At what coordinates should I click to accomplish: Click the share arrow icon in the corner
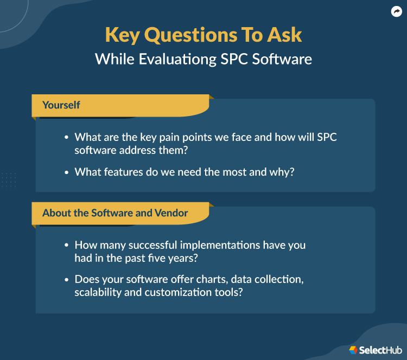tap(396, 11)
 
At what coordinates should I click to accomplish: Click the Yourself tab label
tap(61, 105)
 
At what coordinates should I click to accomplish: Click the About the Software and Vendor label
tap(115, 213)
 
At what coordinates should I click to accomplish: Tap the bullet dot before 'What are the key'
tap(66, 138)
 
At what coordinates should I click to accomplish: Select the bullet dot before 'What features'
tap(66, 172)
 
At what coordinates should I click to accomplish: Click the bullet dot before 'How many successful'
tap(66, 246)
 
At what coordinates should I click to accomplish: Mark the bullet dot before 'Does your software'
tap(66, 280)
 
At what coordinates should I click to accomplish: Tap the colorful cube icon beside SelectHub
tap(353, 350)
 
